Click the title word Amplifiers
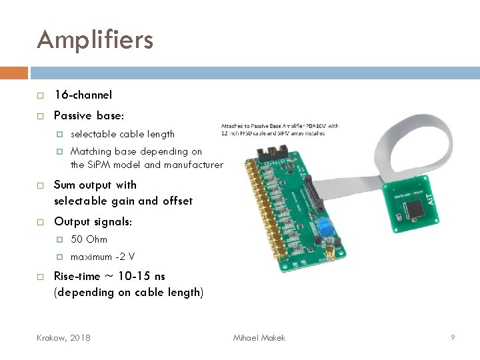tap(95, 39)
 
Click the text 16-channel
tap(83, 95)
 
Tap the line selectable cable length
tap(123, 134)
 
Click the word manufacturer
tap(193, 165)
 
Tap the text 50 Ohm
tap(89, 239)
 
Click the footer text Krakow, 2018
tap(64, 337)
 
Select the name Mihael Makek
tap(259, 338)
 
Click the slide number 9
tap(453, 337)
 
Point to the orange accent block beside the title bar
tap(14, 73)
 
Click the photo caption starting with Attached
tap(280, 129)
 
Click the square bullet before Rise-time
tap(40, 277)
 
